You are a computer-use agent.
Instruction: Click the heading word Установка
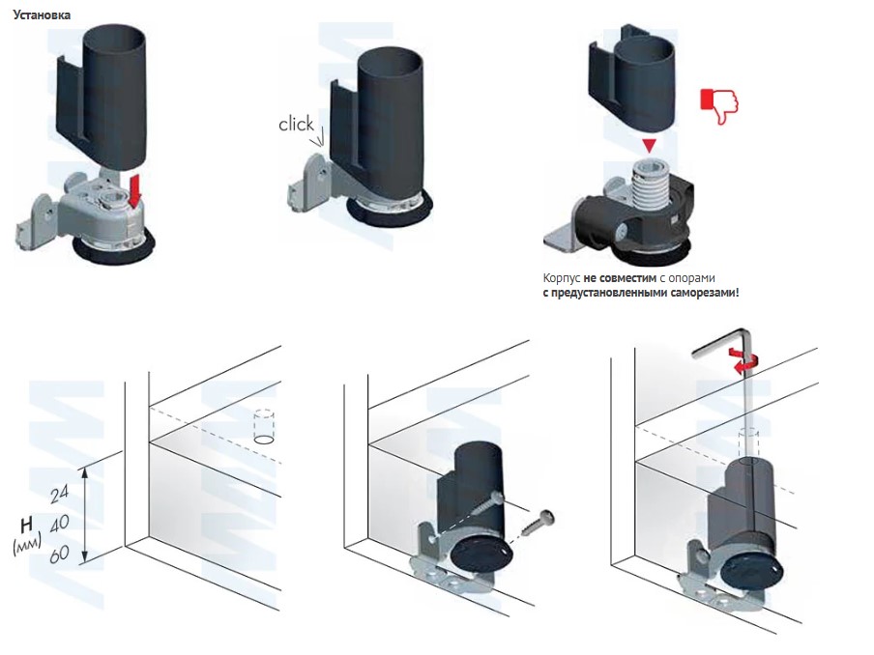[x=43, y=14]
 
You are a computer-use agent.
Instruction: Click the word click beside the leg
[x=296, y=124]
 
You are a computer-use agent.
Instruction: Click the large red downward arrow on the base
[x=133, y=187]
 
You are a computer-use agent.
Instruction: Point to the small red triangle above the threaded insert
[x=650, y=145]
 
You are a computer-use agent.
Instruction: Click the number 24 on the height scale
[x=59, y=491]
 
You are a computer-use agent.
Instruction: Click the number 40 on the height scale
[x=59, y=523]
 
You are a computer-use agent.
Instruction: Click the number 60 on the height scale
[x=59, y=554]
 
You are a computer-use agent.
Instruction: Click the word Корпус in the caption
[x=562, y=277]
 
